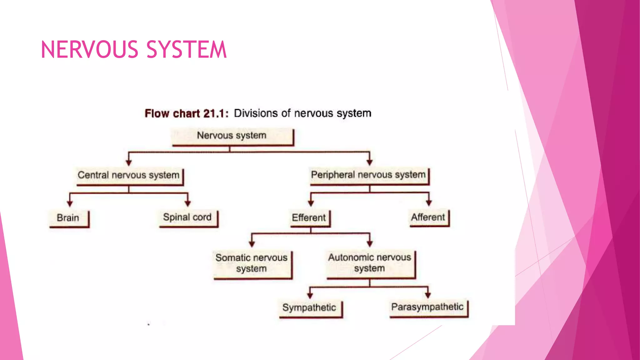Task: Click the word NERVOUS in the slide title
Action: [89, 50]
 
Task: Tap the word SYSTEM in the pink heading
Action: [186, 50]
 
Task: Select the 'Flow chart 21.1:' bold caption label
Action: [187, 113]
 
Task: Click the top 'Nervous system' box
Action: [232, 136]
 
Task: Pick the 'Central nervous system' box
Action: [129, 176]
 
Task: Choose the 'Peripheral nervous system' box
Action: [369, 175]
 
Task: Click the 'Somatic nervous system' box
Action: [252, 263]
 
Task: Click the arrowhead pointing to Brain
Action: [70, 204]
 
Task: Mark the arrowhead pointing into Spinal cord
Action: [187, 203]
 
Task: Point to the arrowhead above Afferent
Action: [429, 203]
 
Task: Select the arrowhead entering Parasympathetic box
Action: [428, 295]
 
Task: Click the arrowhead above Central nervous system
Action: [129, 163]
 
